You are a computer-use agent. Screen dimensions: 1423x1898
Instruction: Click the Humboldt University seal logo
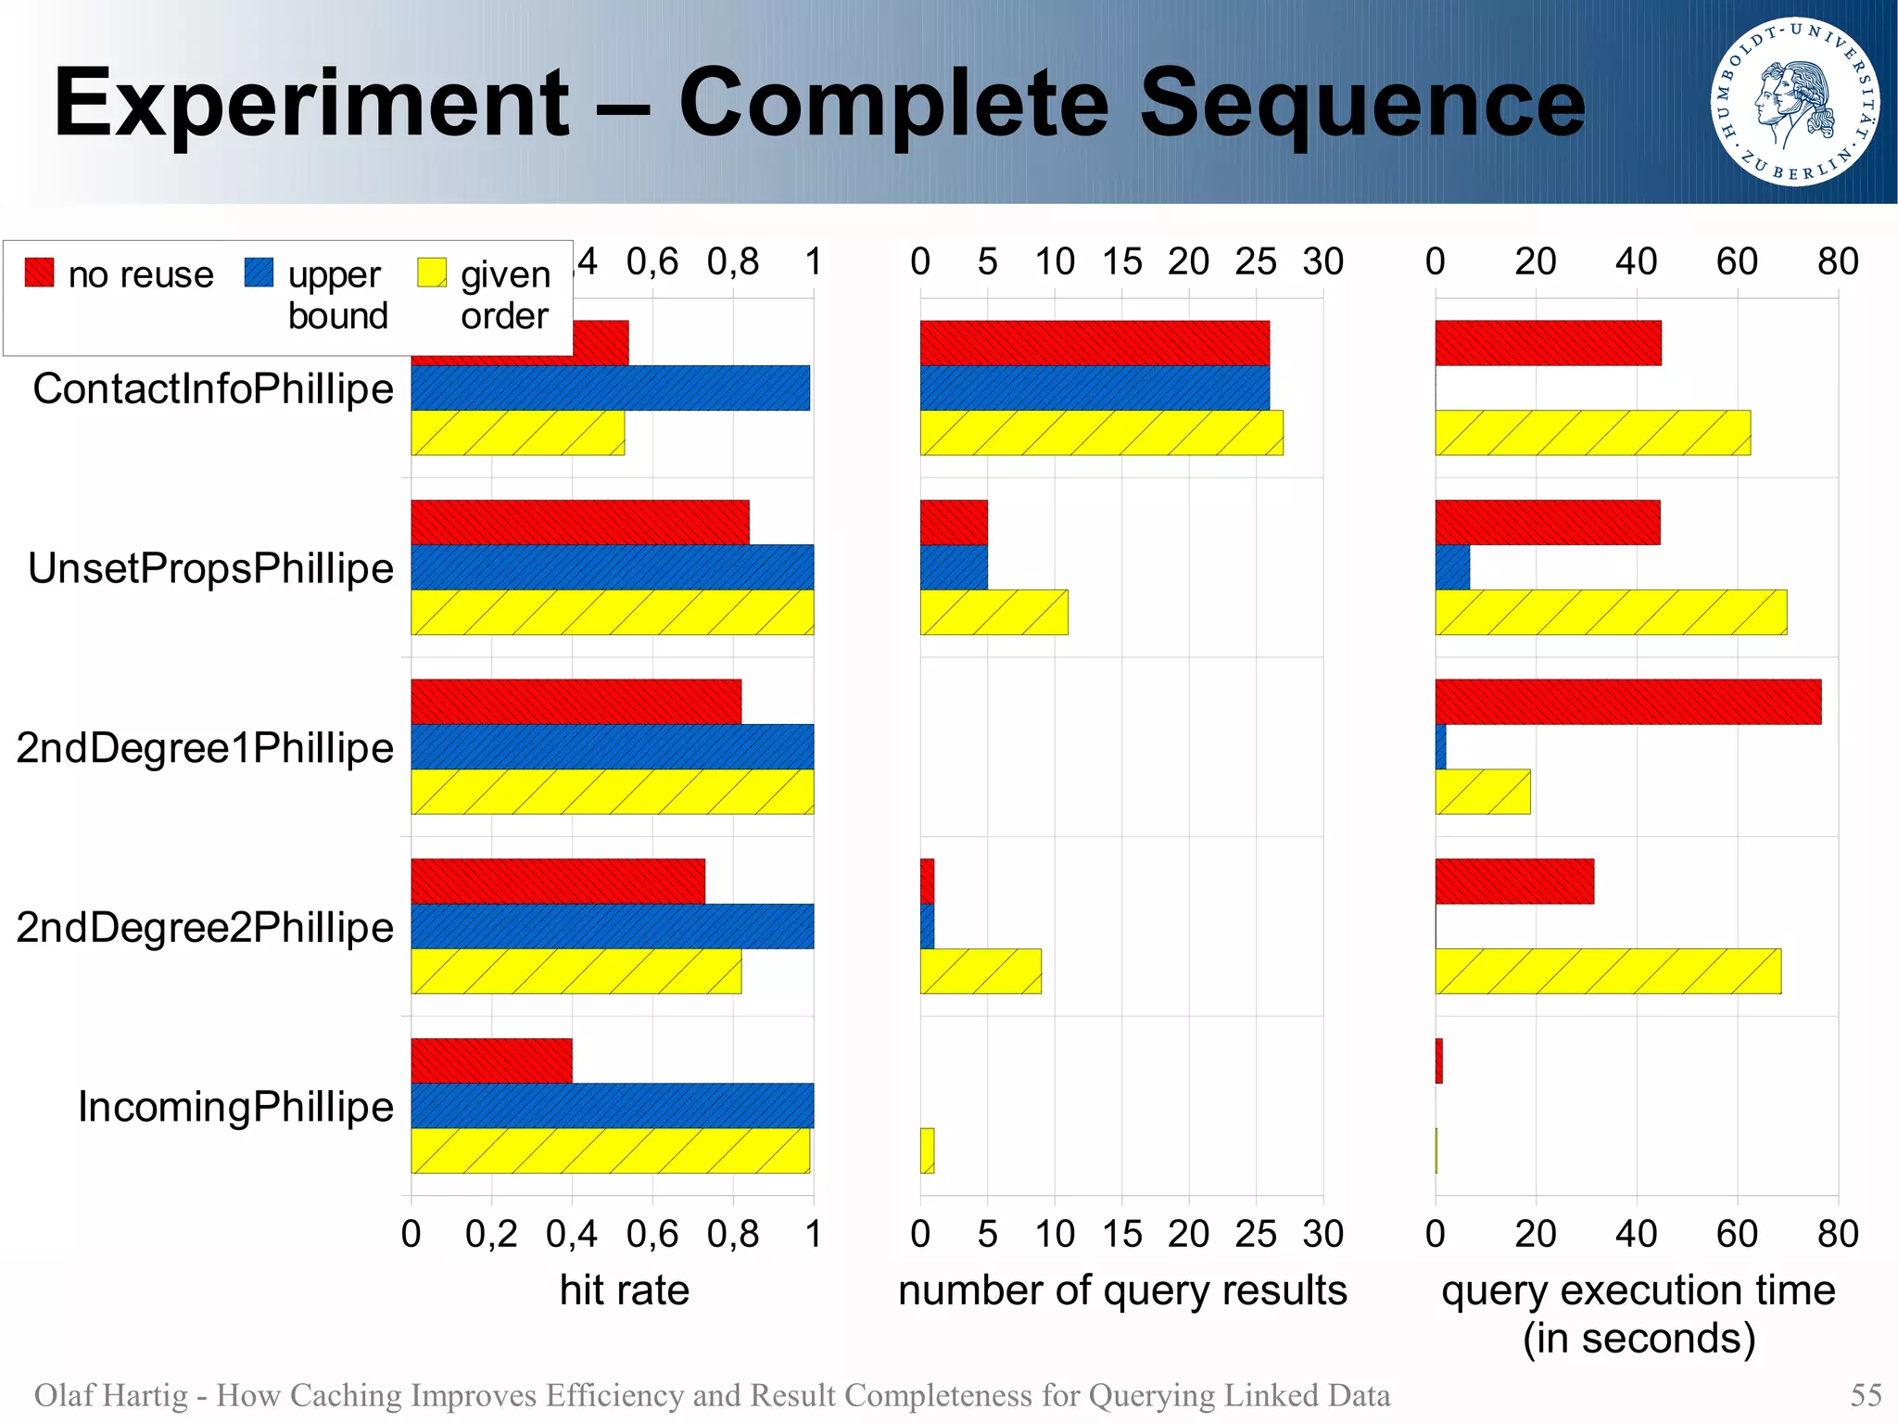pos(1794,101)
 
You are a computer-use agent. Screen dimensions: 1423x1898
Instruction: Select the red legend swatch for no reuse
pos(39,273)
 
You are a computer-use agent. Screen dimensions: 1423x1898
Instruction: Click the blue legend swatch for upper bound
pos(259,273)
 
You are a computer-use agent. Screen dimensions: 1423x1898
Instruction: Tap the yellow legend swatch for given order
pos(432,273)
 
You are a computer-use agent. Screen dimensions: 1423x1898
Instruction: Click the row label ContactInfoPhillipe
pos(213,388)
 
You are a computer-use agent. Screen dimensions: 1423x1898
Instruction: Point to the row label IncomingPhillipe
pos(235,1107)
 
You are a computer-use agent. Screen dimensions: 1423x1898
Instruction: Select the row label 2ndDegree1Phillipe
pos(205,748)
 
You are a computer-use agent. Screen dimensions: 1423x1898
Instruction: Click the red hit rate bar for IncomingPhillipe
pos(491,1061)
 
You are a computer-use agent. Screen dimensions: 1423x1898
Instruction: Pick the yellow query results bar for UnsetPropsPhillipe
pos(993,612)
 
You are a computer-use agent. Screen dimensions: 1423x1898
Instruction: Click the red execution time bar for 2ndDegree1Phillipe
pos(1627,702)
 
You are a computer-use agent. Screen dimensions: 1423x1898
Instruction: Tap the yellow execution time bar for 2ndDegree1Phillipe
pos(1482,792)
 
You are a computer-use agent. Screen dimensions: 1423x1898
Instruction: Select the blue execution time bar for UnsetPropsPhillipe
pos(1452,567)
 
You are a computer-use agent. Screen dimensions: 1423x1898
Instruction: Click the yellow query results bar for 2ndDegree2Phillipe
pos(981,972)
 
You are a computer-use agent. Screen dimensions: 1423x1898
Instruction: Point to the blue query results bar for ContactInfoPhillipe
pos(1095,388)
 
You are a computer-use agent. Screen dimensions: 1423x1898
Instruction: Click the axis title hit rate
pos(624,1290)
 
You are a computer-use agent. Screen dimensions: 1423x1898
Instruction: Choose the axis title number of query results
pos(1121,1290)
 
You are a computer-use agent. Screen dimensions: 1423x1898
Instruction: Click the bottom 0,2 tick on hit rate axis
pos(491,1234)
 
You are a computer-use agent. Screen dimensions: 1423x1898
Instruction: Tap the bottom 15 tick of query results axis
pos(1121,1234)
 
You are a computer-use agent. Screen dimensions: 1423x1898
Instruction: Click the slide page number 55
pos(1866,1395)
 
